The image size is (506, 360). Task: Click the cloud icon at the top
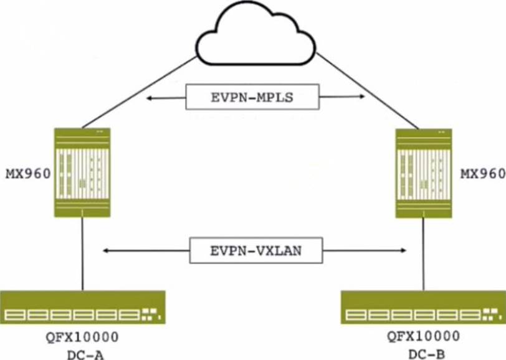coord(255,36)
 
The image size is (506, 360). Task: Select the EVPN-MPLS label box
coord(252,97)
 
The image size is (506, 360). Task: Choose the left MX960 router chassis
coord(82,172)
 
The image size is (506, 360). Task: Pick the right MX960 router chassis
coord(424,173)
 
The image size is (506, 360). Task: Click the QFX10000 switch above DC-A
coord(82,307)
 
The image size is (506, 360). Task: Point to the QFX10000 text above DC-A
coord(82,338)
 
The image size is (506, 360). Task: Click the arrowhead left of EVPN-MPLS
coord(149,98)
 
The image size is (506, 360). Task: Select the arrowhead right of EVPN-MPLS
coord(361,97)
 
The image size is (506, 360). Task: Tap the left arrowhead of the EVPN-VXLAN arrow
coord(107,250)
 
